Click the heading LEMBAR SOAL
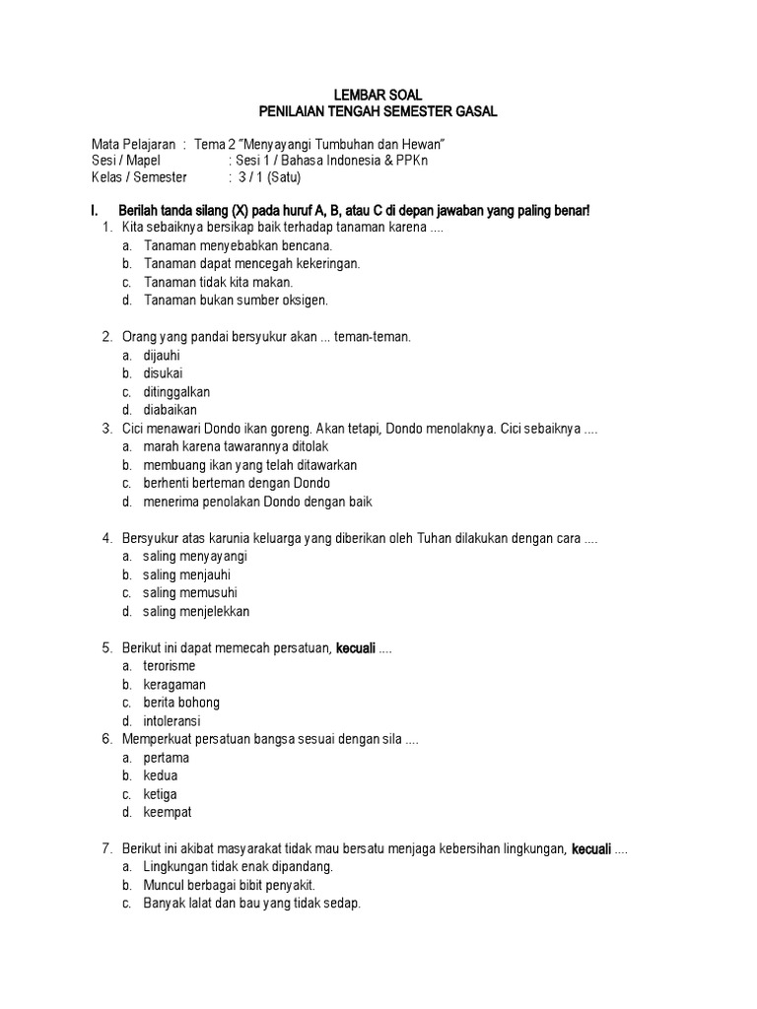[x=378, y=95]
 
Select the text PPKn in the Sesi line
[x=411, y=161]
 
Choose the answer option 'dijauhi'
[x=162, y=355]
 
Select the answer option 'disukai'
[x=163, y=373]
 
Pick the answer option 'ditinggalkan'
[x=176, y=391]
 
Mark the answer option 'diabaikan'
[x=171, y=410]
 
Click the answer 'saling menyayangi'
[x=194, y=557]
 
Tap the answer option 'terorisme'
[x=170, y=666]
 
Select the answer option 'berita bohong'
[x=181, y=703]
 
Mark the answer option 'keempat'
[x=168, y=813]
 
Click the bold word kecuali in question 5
[x=356, y=648]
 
